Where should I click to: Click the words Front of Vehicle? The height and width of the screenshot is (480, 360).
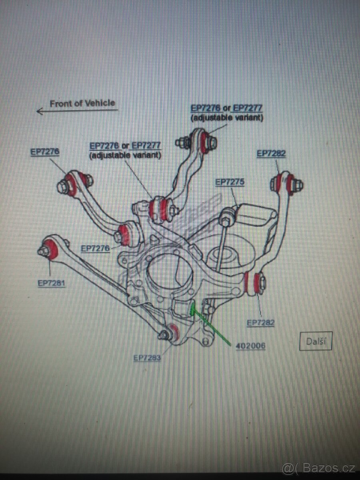pos(82,103)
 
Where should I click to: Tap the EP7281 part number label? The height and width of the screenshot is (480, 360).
pos(52,283)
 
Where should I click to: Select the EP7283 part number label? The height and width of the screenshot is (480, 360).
pos(147,358)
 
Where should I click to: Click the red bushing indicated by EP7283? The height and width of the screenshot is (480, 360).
pos(174,331)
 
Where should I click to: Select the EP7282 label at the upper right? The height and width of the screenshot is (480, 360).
pos(271,154)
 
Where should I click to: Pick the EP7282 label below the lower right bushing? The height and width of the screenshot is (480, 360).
pos(261,323)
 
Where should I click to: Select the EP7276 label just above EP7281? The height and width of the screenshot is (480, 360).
pos(95,248)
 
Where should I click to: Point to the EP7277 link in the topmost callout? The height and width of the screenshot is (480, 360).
pos(248,108)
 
